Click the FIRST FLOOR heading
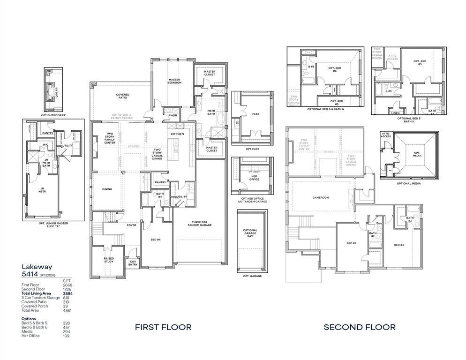pyautogui.click(x=163, y=327)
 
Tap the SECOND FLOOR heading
pyautogui.click(x=360, y=327)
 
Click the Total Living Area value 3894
pyautogui.click(x=68, y=293)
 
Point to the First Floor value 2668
pyautogui.click(x=68, y=285)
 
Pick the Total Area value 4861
pyautogui.click(x=68, y=310)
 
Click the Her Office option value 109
pyautogui.click(x=66, y=336)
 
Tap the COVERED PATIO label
pyautogui.click(x=123, y=96)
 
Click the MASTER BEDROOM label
pyautogui.click(x=174, y=81)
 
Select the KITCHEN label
pyautogui.click(x=177, y=134)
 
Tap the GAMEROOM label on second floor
pyautogui.click(x=321, y=198)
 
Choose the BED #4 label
pyautogui.click(x=156, y=240)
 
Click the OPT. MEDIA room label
pyautogui.click(x=417, y=154)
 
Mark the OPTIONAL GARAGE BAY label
pyautogui.click(x=250, y=233)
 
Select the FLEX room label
pyautogui.click(x=256, y=114)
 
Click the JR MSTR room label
pyautogui.click(x=42, y=191)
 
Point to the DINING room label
pyautogui.click(x=107, y=189)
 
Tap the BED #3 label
pyautogui.click(x=399, y=245)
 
